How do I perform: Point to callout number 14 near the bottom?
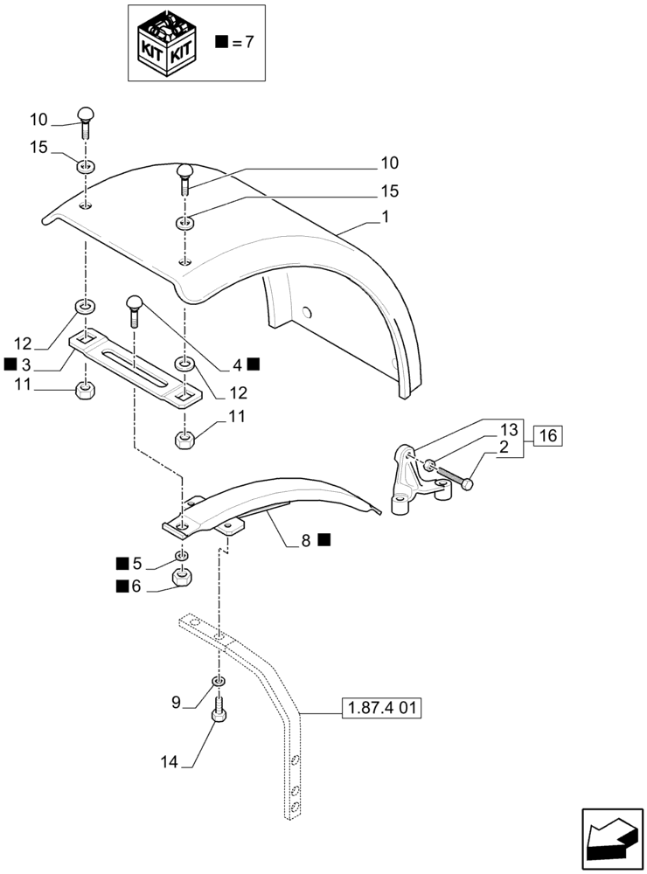[x=168, y=762]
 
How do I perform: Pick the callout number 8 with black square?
[x=306, y=541]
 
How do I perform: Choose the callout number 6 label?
[x=136, y=586]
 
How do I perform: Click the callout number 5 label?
[x=136, y=563]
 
